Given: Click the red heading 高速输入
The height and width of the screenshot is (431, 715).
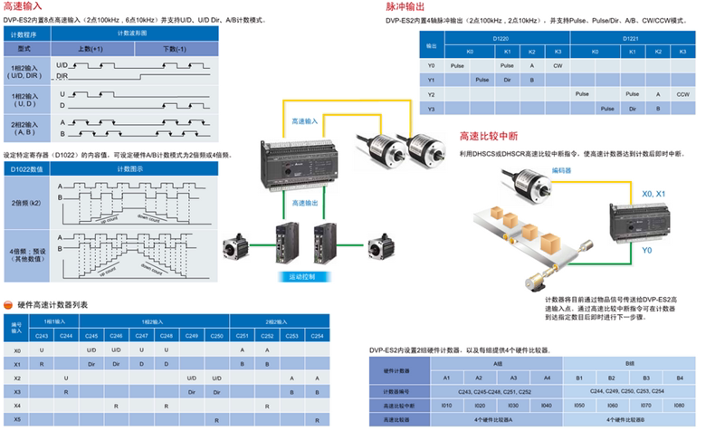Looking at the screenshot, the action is (x=24, y=6).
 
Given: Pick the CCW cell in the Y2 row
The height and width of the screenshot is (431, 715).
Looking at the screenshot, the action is (x=682, y=93).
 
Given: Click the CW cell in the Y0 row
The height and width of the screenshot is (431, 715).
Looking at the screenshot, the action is (x=558, y=65).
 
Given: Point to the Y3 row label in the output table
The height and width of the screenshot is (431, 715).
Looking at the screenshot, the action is (x=431, y=108).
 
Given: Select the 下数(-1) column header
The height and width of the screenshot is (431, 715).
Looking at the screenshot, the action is (x=173, y=48).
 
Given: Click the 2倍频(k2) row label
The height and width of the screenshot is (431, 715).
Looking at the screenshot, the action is (x=28, y=204).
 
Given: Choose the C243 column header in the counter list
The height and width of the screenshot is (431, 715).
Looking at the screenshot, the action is (x=42, y=336).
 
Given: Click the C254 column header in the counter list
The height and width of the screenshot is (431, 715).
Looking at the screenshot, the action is (x=316, y=336).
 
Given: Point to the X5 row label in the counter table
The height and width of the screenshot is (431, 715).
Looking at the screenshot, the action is (x=17, y=419).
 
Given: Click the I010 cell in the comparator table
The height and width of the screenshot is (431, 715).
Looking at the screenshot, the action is (x=446, y=405).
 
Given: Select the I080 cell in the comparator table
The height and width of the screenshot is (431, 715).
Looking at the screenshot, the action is (x=680, y=405).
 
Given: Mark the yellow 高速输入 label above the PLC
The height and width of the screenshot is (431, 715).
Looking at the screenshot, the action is (x=304, y=120).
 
